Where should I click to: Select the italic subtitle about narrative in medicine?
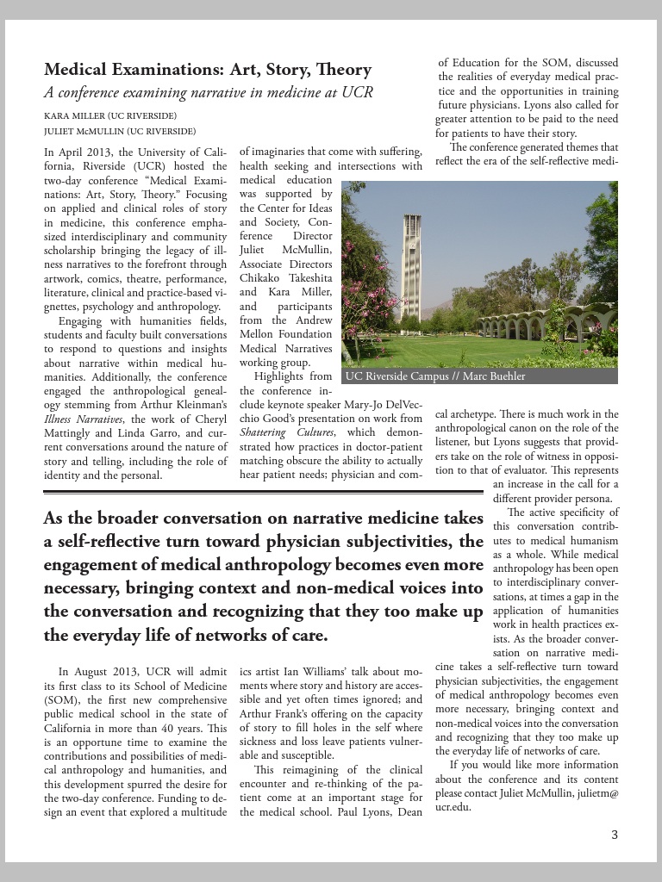tap(208, 93)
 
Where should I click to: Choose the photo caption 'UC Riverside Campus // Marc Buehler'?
tap(434, 376)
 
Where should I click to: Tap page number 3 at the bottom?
tap(615, 834)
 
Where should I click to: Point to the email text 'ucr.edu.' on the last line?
tap(453, 807)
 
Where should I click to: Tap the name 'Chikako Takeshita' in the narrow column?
tap(273, 277)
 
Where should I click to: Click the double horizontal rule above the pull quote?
tap(263, 493)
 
